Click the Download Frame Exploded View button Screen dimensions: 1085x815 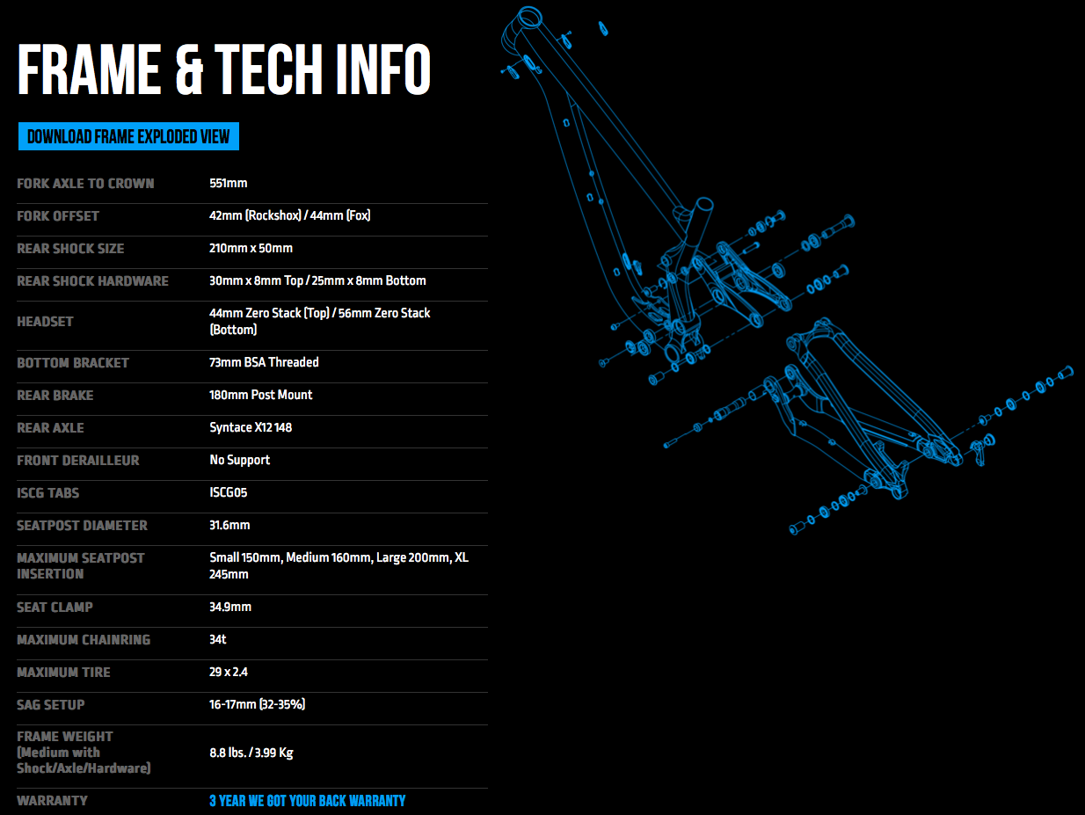point(128,136)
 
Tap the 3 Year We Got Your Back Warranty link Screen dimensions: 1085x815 point(307,801)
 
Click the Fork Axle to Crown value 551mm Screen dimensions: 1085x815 point(228,184)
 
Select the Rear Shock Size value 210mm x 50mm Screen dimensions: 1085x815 point(251,248)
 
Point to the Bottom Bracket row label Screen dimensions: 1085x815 point(73,363)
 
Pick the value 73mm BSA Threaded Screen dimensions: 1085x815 point(264,362)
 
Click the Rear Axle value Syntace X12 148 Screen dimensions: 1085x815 point(251,427)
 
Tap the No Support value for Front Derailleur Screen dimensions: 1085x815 point(240,460)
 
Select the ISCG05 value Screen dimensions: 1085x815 point(228,492)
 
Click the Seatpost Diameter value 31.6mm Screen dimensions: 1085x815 point(229,525)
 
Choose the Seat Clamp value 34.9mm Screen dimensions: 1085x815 point(230,607)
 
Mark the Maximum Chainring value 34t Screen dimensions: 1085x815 point(217,639)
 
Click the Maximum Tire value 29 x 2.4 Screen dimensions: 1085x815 point(229,673)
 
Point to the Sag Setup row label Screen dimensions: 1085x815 point(51,705)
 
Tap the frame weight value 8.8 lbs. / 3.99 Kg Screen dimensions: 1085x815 point(251,753)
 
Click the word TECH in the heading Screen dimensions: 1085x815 point(268,69)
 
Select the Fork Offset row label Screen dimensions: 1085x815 point(58,216)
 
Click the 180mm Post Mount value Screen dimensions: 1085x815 point(260,395)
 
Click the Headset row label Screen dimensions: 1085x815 point(45,322)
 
